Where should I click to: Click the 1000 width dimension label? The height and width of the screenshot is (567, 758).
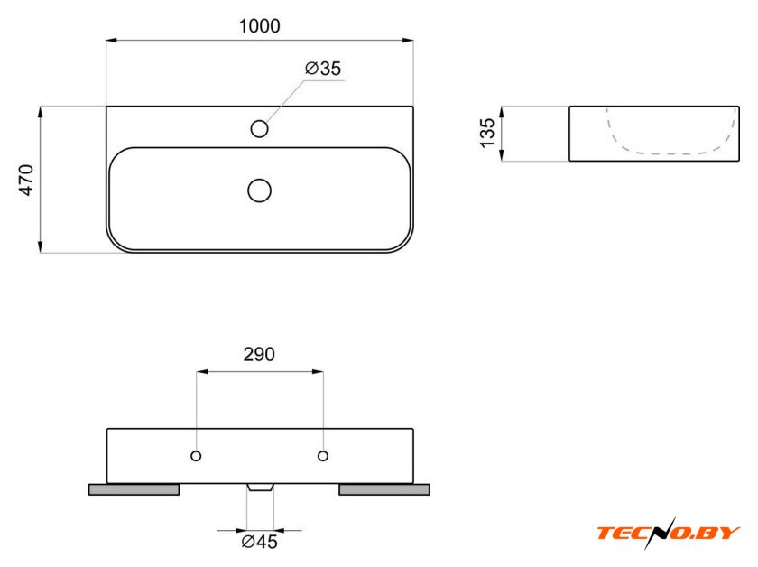pos(260,26)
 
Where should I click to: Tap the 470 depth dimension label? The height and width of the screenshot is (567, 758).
pos(26,180)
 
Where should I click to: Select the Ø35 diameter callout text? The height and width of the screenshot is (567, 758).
pos(323,69)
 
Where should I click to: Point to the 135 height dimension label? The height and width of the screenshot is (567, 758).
pos(488,133)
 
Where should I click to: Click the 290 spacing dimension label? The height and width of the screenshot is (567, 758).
pos(259,355)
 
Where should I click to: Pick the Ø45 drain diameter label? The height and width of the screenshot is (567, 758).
pos(260,542)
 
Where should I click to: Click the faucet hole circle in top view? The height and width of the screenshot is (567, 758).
pos(260,129)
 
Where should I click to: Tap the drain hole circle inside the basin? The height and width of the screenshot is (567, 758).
pos(260,191)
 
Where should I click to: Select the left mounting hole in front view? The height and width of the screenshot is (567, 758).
pos(196,456)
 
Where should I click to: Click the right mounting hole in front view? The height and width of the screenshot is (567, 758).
pos(323,456)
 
